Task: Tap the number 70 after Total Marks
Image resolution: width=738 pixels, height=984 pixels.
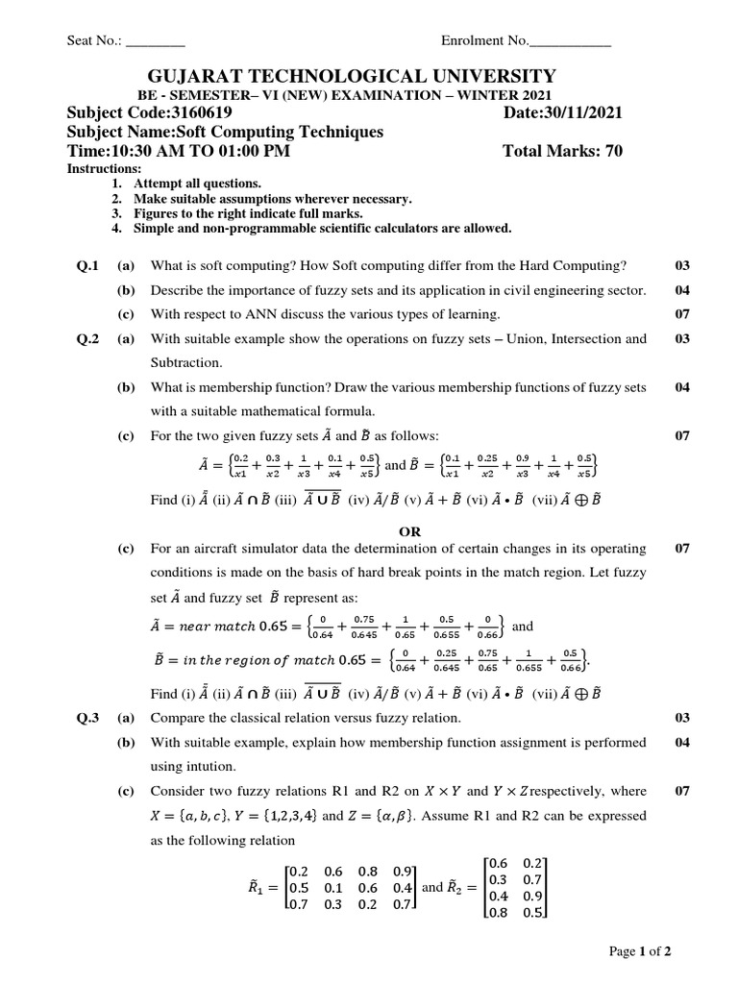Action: pos(613,151)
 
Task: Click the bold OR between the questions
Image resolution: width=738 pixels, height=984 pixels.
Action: pos(410,530)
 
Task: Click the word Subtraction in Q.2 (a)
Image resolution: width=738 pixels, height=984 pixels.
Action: pos(185,362)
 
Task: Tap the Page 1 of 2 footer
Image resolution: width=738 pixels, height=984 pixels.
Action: pos(640,951)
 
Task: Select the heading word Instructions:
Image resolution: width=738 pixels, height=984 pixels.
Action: pos(97,168)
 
